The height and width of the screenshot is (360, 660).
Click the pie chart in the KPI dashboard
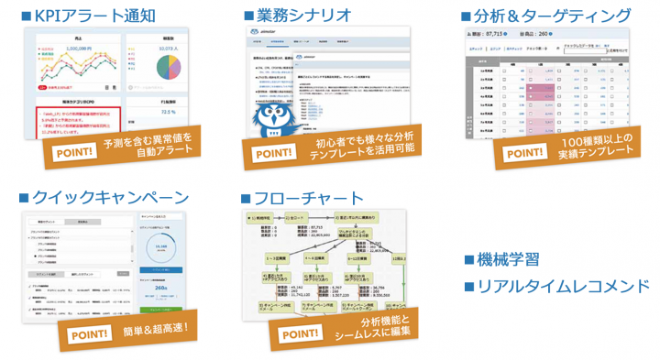click(168, 68)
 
